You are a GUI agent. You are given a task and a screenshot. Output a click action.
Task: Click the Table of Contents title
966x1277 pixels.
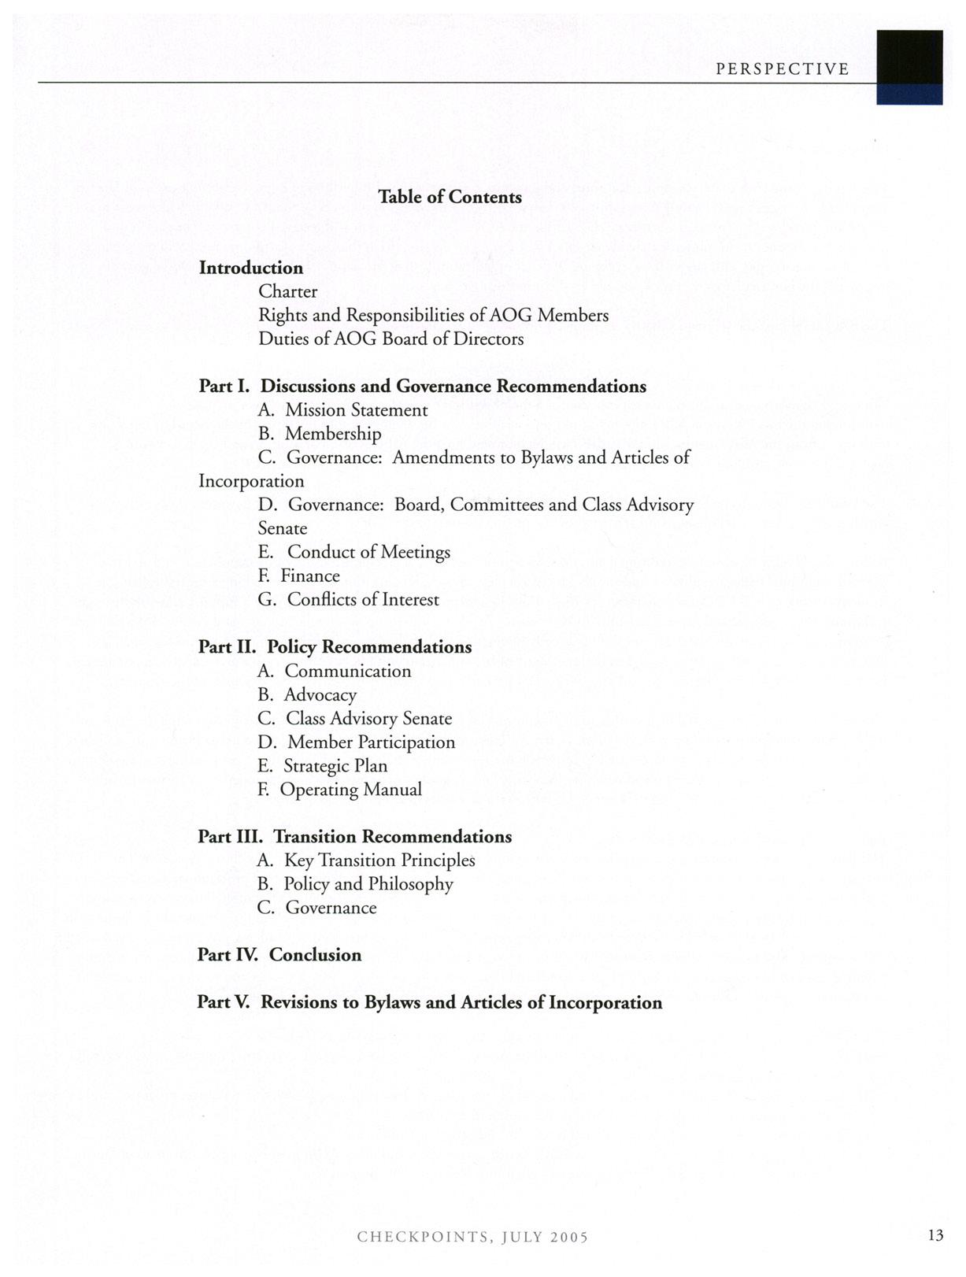(x=450, y=197)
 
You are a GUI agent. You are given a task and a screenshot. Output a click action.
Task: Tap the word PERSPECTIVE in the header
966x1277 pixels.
(x=783, y=69)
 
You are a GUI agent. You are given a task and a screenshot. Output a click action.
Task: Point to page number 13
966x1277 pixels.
(x=935, y=1235)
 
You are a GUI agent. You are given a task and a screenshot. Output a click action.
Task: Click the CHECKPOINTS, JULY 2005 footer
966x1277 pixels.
(x=472, y=1237)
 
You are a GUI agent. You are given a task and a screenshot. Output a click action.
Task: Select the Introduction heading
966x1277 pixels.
(x=251, y=268)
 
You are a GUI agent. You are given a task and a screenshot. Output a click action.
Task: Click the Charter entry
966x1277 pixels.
(x=288, y=291)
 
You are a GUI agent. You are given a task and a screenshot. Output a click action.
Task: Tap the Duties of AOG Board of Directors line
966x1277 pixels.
(x=391, y=339)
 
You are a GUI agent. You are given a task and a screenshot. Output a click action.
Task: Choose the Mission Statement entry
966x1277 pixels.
(x=342, y=410)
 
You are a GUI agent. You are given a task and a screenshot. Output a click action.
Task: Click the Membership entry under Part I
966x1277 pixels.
(x=320, y=434)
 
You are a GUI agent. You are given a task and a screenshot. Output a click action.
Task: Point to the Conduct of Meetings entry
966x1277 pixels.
(x=354, y=552)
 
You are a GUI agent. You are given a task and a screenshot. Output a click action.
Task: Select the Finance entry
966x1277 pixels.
(x=299, y=576)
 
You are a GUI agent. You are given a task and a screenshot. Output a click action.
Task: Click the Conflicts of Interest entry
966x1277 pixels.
(x=348, y=600)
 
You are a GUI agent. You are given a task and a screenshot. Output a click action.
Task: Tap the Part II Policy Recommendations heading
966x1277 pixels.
(x=335, y=647)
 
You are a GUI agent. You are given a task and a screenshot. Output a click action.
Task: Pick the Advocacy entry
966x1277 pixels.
(x=307, y=694)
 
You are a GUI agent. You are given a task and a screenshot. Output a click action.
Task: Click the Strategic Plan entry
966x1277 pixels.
(x=323, y=766)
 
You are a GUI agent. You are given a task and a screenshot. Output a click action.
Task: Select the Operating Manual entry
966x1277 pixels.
(x=340, y=790)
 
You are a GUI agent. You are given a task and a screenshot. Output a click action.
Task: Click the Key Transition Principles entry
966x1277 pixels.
(x=366, y=861)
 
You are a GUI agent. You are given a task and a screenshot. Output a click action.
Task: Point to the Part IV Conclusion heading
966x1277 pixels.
(x=279, y=955)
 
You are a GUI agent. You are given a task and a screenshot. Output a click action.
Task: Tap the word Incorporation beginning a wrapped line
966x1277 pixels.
(x=251, y=481)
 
